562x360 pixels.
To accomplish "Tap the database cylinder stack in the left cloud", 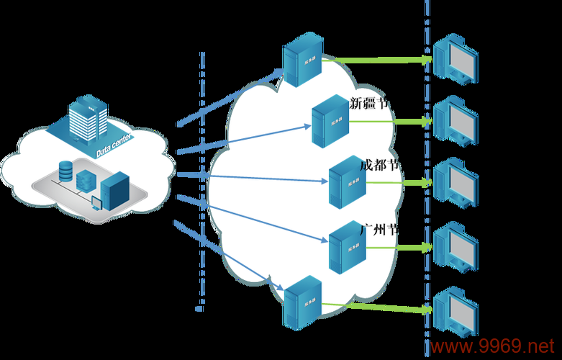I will click(x=66, y=171).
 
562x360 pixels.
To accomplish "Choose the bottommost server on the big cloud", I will click(x=302, y=302).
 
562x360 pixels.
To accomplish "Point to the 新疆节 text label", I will click(x=370, y=103).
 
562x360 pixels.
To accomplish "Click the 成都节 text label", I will click(x=379, y=165).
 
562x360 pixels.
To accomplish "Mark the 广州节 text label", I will click(x=379, y=230).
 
